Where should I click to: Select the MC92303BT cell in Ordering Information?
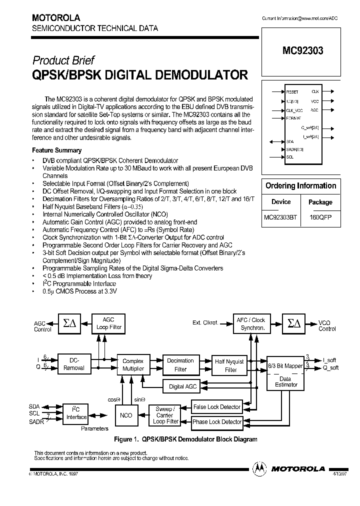tap(280, 218)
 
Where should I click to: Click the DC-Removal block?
tap(74, 364)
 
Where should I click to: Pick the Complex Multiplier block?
tap(133, 364)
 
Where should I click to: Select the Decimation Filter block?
tap(180, 364)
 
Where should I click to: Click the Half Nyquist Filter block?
tap(230, 365)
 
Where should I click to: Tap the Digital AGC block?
tap(183, 386)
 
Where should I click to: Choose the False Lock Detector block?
tap(217, 406)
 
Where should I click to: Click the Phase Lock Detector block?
tap(217, 422)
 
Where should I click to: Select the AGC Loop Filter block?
tap(108, 323)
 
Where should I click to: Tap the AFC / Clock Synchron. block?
tap(251, 323)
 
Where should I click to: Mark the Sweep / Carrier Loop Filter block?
tap(165, 415)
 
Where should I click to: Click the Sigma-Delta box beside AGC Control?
tap(67, 323)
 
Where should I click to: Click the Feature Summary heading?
tap(56, 150)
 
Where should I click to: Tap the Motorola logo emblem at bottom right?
tap(259, 468)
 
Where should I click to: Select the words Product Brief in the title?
tap(63, 60)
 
